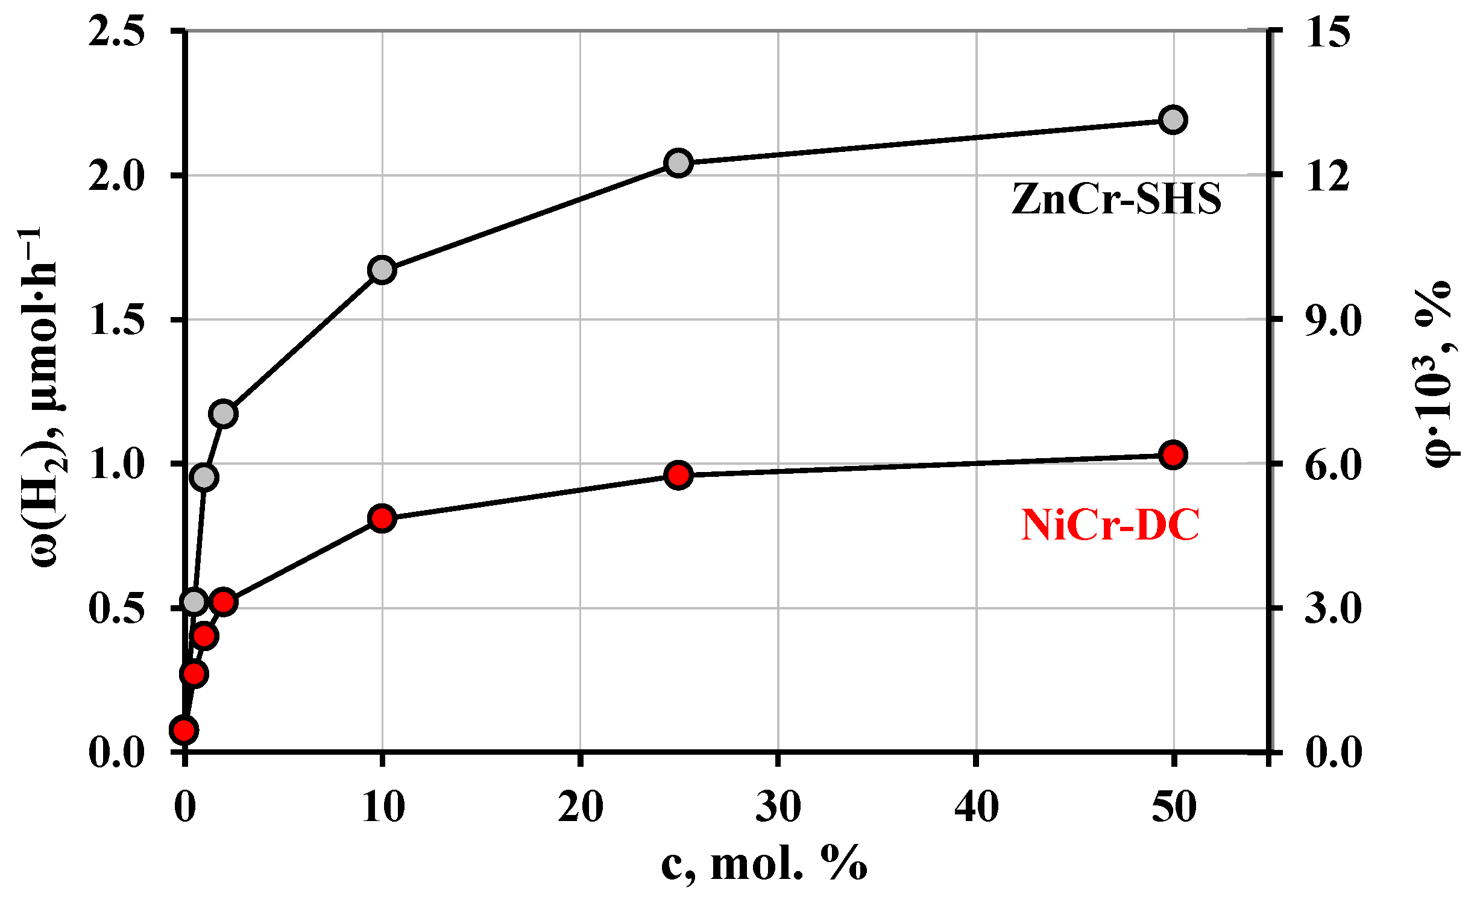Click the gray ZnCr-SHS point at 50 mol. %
(x=1173, y=120)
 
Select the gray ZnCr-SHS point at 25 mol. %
(x=678, y=163)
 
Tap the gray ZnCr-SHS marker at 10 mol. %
(x=382, y=269)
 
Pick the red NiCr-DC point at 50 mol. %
(x=1173, y=455)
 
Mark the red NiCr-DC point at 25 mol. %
(x=678, y=476)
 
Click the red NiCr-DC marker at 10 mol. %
(x=382, y=518)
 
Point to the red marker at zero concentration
(x=184, y=731)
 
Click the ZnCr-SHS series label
(x=1116, y=199)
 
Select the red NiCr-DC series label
(x=1110, y=524)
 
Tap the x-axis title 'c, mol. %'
(x=764, y=864)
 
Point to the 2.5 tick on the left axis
(x=116, y=31)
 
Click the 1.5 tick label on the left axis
(x=116, y=319)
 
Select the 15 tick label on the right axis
(x=1328, y=31)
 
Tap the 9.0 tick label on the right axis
(x=1333, y=319)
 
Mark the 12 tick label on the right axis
(x=1328, y=176)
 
